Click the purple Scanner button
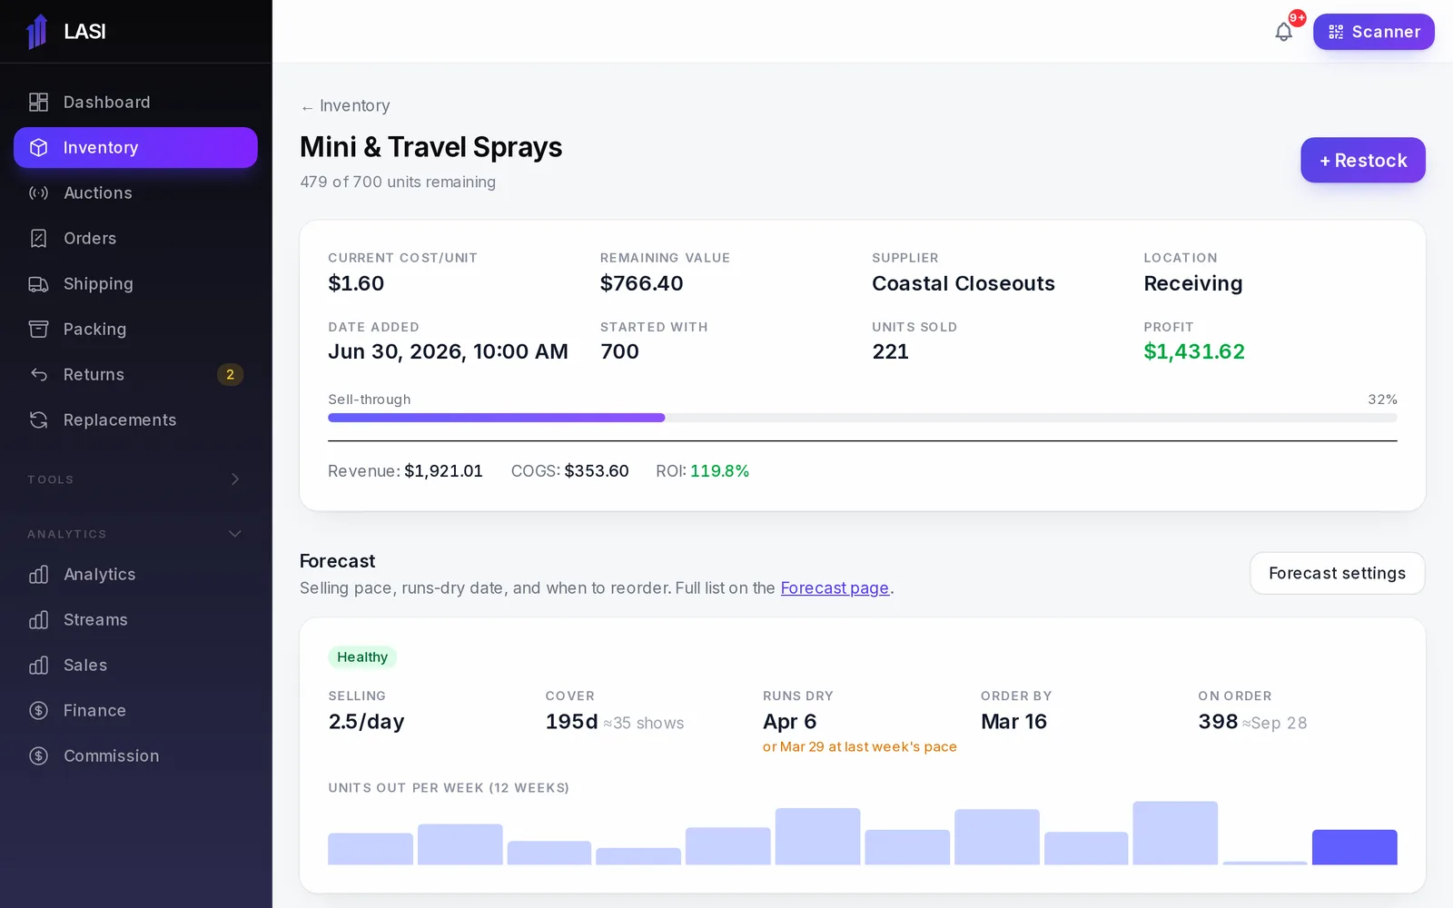[x=1373, y=32]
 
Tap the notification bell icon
[x=1283, y=32]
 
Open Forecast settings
[x=1337, y=573]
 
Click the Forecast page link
[x=835, y=587]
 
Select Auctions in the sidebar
[x=97, y=192]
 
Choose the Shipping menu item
[x=98, y=283]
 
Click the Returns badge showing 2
[x=230, y=374]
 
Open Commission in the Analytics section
[x=111, y=755]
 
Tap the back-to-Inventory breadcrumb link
[x=345, y=105]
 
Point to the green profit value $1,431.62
[x=1193, y=351]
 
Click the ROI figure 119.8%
[x=719, y=471]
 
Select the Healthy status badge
[x=362, y=657]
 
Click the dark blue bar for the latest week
[x=1354, y=847]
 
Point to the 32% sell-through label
[x=1382, y=400]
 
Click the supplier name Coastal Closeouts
[x=963, y=283]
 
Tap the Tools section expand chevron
[x=235, y=479]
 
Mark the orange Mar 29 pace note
[x=859, y=746]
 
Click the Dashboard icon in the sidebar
[x=38, y=102]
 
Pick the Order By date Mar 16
[x=1013, y=721]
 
